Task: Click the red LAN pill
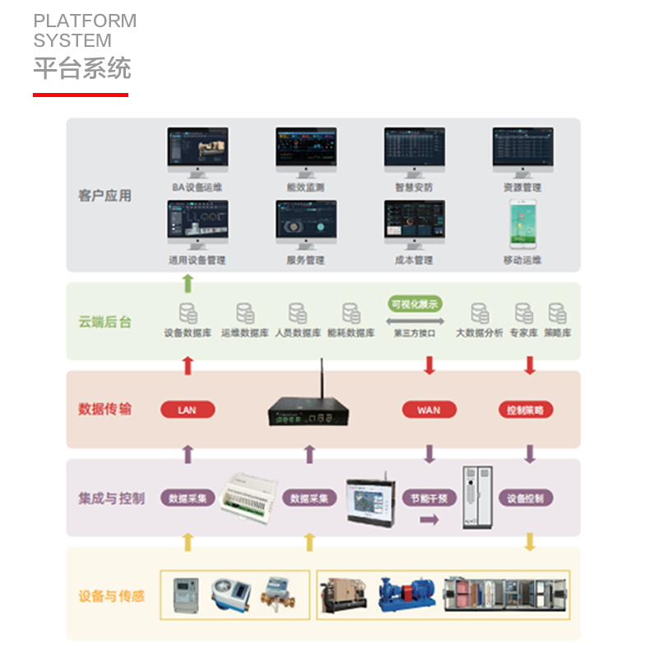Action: coord(187,410)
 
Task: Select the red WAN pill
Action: coord(429,410)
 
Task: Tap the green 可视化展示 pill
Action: coord(415,304)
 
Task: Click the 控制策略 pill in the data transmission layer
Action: coord(526,410)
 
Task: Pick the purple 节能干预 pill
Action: coord(429,498)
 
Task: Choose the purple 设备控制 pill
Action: coord(526,498)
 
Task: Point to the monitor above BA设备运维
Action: coord(197,149)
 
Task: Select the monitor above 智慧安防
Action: coord(415,149)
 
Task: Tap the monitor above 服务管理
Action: coord(306,223)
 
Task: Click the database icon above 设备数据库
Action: coord(188,313)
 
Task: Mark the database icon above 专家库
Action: coord(523,313)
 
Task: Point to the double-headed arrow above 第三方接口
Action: coord(415,321)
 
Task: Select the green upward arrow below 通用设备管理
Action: coord(188,284)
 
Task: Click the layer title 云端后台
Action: coord(104,322)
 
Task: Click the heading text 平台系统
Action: coord(81,68)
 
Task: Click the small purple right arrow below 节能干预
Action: coord(429,520)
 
